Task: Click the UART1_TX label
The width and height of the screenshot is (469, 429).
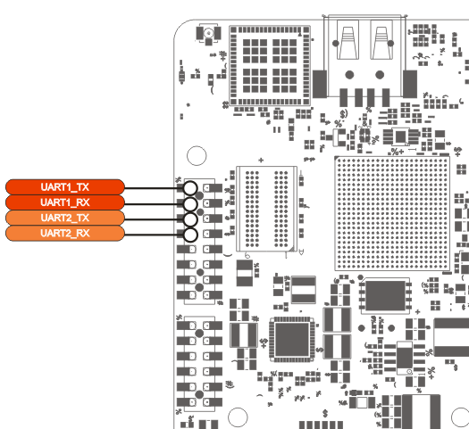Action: click(65, 187)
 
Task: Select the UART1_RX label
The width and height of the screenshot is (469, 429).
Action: click(65, 202)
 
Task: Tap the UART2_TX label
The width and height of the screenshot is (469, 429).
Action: click(65, 218)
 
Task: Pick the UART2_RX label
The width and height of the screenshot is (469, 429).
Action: click(65, 233)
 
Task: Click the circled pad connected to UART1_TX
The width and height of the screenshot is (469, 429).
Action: click(190, 188)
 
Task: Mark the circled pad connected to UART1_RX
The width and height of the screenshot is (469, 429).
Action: click(190, 204)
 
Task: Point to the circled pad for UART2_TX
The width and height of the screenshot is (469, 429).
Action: click(190, 219)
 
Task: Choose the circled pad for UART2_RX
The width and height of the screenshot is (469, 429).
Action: click(190, 235)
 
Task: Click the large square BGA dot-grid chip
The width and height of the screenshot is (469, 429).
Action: click(392, 213)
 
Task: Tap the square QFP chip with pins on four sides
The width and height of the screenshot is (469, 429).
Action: click(291, 339)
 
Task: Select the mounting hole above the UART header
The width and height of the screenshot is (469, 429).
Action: click(197, 155)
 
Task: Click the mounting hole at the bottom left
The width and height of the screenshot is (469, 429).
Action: click(238, 417)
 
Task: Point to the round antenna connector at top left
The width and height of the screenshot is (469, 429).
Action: click(208, 33)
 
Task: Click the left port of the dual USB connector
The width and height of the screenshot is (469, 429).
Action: click(348, 39)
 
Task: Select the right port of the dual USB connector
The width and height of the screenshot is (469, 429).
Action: click(381, 39)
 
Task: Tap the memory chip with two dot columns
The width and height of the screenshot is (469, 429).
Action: click(266, 209)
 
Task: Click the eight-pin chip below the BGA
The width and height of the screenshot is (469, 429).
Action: click(385, 296)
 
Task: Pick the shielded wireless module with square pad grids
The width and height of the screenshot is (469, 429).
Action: click(270, 66)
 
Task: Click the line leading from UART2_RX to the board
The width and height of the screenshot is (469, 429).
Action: click(154, 235)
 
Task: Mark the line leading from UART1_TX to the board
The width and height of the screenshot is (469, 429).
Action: click(154, 188)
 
